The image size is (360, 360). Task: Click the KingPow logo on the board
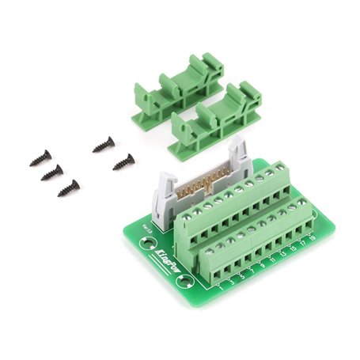coord(161,256)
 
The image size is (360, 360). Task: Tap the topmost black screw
coord(104,145)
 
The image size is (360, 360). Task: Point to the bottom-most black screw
coord(69,188)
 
